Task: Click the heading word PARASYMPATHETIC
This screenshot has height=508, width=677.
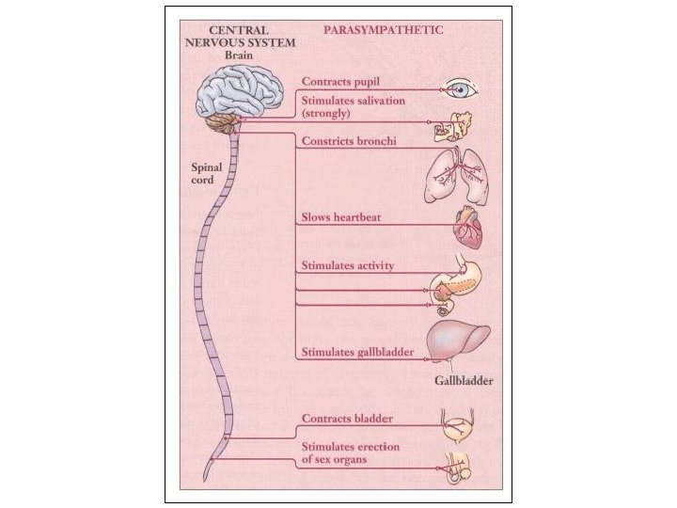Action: click(x=383, y=29)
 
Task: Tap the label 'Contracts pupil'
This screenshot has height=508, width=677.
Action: click(x=341, y=82)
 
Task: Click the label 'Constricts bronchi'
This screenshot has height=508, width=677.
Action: click(x=347, y=142)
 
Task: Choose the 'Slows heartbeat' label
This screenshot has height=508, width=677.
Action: click(x=340, y=218)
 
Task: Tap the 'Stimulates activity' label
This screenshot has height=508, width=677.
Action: click(x=347, y=266)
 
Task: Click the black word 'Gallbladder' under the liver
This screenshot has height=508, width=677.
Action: click(x=464, y=383)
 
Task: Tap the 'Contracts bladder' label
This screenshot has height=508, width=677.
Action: click(x=346, y=418)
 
